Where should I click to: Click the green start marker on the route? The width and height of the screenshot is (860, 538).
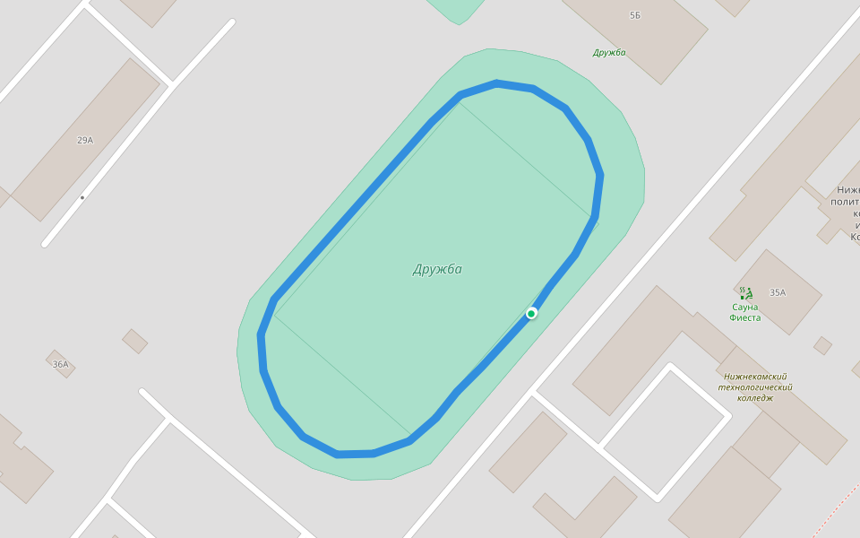531,313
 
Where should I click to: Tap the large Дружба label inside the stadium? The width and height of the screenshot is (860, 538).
437,269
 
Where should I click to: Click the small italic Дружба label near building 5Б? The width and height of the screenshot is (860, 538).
609,52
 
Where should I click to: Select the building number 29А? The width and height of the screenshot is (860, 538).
85,140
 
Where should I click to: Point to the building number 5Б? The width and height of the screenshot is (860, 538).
635,15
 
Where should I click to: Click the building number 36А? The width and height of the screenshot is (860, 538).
60,364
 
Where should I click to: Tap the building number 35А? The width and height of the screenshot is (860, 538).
778,292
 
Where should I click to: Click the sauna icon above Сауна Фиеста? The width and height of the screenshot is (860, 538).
745,292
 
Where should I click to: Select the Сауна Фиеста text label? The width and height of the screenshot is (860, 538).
744,312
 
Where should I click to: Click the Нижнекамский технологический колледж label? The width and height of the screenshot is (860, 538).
755,386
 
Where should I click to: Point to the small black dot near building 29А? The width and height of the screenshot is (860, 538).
82,197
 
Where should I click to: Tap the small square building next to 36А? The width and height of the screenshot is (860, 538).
135,341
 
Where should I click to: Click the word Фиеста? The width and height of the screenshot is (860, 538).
744,317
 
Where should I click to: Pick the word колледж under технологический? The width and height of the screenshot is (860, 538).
755,397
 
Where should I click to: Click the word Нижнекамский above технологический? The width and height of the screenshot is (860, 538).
755,377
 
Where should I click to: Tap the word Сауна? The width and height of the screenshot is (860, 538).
744,307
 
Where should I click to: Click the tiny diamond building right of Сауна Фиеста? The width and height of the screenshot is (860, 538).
822,345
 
